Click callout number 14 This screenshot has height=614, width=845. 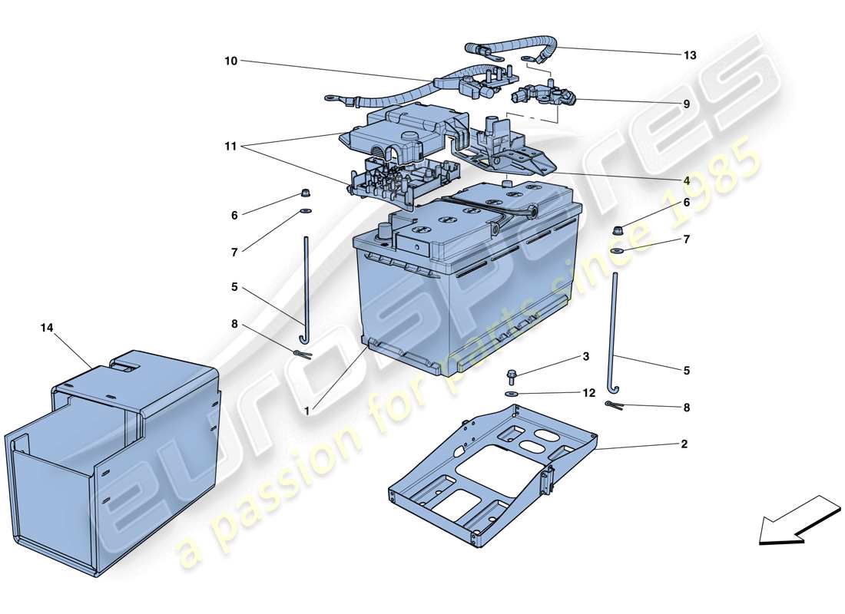[48, 328]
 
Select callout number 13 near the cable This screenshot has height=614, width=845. [690, 55]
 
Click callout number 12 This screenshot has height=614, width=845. [589, 393]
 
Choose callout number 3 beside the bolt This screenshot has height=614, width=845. [585, 357]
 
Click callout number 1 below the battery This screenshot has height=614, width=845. [307, 411]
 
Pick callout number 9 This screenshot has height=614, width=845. [686, 104]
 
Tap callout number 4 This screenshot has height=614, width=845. [686, 180]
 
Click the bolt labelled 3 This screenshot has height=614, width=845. [512, 375]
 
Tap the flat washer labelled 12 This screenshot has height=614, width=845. [511, 394]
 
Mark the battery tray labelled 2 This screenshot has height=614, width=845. [492, 476]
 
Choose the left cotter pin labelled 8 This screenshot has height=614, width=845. [301, 353]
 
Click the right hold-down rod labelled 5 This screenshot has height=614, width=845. [616, 330]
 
